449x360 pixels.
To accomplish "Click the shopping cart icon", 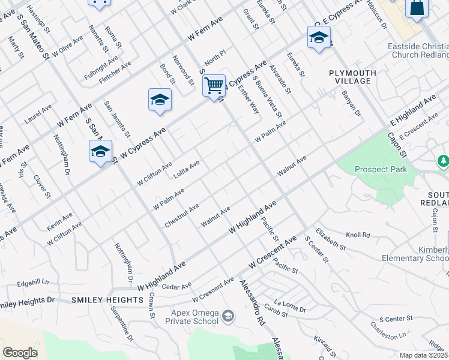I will [x=214, y=86].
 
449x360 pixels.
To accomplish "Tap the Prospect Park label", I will [x=381, y=169].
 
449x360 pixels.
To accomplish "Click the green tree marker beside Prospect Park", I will [x=444, y=161].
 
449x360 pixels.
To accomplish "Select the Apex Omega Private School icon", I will [x=228, y=316].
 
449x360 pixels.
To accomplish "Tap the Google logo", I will [x=20, y=353].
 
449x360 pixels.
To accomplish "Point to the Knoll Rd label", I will [x=358, y=235].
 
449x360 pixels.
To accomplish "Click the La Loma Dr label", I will [x=290, y=306].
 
